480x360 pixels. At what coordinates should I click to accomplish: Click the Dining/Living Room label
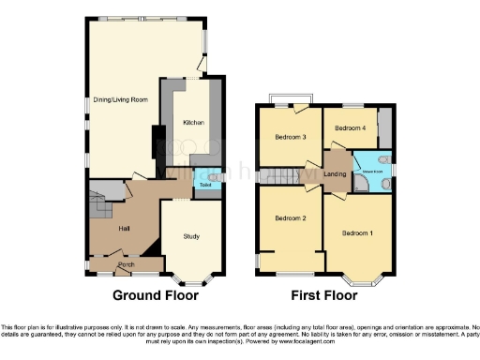(x=121, y=98)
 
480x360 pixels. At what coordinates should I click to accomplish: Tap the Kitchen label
(x=194, y=122)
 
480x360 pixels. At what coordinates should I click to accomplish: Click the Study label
(x=192, y=235)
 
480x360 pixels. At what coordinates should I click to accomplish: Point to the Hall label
(x=123, y=228)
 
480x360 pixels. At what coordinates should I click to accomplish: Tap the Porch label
(x=126, y=266)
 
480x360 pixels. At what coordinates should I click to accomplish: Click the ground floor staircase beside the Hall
(x=100, y=208)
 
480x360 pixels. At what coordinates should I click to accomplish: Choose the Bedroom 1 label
(x=357, y=232)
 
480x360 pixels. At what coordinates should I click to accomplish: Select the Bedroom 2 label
(x=291, y=218)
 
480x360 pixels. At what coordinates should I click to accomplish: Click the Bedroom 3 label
(x=291, y=137)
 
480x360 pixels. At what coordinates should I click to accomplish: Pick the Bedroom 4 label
(x=351, y=128)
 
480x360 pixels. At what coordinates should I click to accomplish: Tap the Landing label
(x=336, y=173)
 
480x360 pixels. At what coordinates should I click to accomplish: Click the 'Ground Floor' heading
(x=156, y=294)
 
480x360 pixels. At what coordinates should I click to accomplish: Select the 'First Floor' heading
(x=323, y=294)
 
